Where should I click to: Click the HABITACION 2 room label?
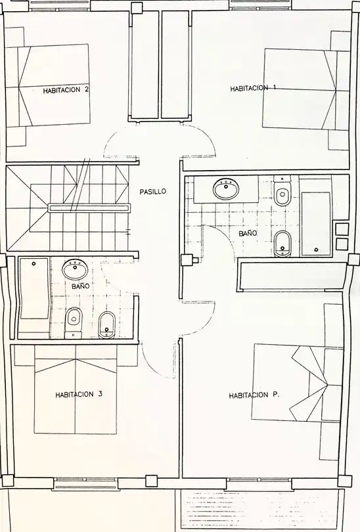[x=66, y=90]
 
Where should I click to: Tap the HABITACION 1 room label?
[x=253, y=88]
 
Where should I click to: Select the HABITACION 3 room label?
[x=79, y=394]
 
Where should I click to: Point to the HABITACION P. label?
[x=254, y=395]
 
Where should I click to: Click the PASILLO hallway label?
[x=153, y=191]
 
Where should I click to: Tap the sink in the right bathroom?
[x=225, y=188]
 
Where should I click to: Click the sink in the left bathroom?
[x=75, y=270]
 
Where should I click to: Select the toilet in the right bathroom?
[x=282, y=192]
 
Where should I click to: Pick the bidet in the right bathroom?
[x=282, y=244]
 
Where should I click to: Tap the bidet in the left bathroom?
[x=107, y=324]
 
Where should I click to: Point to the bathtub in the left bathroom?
[x=34, y=289]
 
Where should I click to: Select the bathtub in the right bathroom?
[x=316, y=224]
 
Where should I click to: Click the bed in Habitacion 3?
[x=76, y=389]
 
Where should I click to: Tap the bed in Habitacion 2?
[x=48, y=85]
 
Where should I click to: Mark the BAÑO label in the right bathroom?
[x=248, y=233]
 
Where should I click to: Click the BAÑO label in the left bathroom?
[x=80, y=286]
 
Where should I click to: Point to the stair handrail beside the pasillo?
[x=89, y=208]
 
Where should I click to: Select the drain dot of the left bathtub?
[x=34, y=263]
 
